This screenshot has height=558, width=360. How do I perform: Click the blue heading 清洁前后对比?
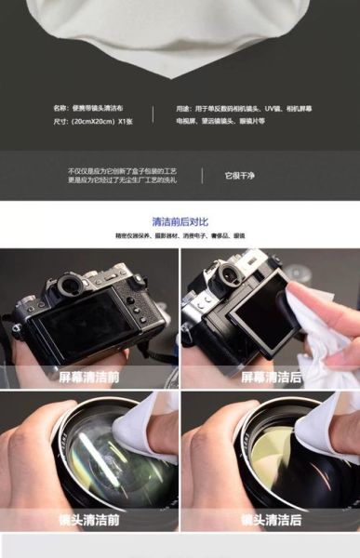pyautogui.click(x=180, y=221)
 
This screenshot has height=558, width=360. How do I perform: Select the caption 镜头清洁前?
pyautogui.click(x=88, y=520)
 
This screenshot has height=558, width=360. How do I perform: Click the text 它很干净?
pyautogui.click(x=240, y=175)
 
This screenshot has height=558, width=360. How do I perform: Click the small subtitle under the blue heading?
pyautogui.click(x=180, y=236)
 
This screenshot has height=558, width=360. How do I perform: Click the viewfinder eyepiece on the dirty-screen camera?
pyautogui.click(x=68, y=285)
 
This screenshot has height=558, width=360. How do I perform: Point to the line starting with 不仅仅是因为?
pyautogui.click(x=122, y=171)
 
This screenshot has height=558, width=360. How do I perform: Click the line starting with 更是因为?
pyautogui.click(x=122, y=179)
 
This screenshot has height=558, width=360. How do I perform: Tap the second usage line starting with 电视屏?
pyautogui.click(x=220, y=121)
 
